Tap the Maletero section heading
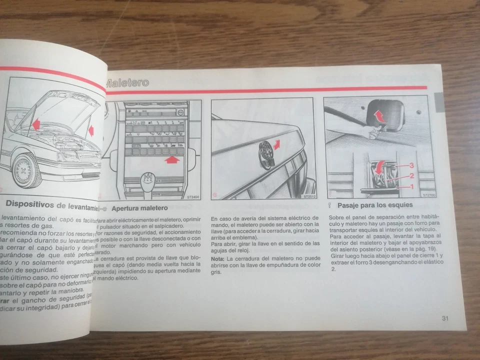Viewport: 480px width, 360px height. [x=127, y=82]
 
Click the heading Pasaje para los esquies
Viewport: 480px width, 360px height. [x=375, y=205]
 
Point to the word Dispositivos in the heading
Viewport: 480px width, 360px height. [x=29, y=205]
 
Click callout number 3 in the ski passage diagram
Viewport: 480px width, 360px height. [x=411, y=165]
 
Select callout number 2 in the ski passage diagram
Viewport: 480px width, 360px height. [x=411, y=175]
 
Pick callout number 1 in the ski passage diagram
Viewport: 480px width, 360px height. [x=411, y=186]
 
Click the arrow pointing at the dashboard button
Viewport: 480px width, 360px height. [x=171, y=160]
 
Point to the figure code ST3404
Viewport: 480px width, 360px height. [x=193, y=197]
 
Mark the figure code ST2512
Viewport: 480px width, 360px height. [x=309, y=197]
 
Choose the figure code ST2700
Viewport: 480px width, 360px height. [x=428, y=196]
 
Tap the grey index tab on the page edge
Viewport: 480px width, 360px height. [x=438, y=102]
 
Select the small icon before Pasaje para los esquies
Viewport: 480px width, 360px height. [x=330, y=205]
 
